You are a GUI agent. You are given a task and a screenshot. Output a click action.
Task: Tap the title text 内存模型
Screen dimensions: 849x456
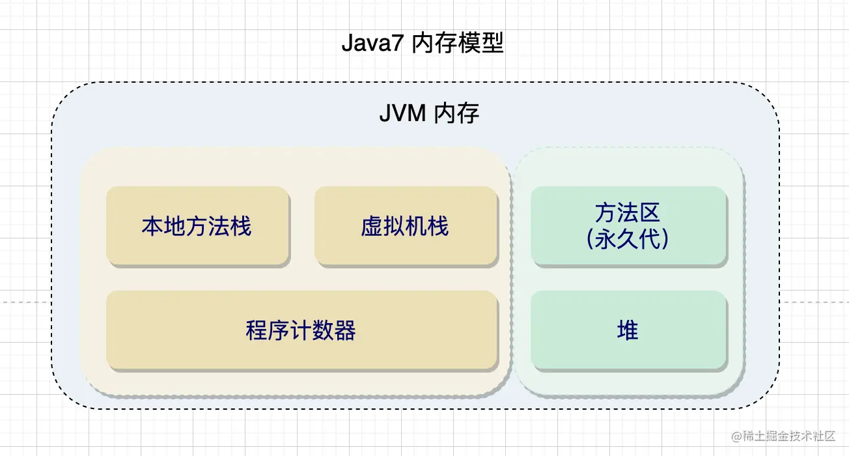(x=458, y=43)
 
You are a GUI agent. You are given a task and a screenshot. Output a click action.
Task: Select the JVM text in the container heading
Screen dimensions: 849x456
(x=402, y=113)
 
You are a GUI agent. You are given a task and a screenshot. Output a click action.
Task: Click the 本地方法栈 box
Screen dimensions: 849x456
(x=197, y=226)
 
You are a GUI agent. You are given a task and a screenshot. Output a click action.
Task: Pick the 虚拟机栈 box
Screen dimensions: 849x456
(x=406, y=226)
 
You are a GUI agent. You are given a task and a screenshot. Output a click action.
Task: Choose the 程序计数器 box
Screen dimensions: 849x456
(x=301, y=330)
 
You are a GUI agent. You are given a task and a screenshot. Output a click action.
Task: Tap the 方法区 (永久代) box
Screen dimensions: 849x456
(x=628, y=226)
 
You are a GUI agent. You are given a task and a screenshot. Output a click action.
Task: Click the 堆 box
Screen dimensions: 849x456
(x=628, y=330)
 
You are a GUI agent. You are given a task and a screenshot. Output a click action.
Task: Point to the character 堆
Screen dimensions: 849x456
(x=628, y=330)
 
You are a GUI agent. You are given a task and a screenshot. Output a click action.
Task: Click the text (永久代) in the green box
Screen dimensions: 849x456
(x=628, y=239)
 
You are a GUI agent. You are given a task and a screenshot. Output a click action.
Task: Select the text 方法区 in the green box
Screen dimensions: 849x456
(x=628, y=212)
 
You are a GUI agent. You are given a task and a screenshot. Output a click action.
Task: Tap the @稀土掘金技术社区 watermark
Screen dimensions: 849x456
(x=783, y=436)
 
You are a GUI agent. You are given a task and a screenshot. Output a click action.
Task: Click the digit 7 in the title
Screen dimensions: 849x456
(x=397, y=43)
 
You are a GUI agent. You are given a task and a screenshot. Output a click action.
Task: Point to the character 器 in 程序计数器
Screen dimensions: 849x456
(x=345, y=330)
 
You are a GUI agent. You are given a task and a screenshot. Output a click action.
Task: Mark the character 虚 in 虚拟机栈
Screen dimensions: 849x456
(x=372, y=226)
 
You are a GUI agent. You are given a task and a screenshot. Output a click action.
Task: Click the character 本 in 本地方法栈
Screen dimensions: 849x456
(x=153, y=226)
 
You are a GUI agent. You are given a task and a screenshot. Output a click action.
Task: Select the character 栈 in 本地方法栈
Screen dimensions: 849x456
(x=241, y=226)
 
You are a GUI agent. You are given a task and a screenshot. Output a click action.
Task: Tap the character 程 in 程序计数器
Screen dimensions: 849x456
(x=257, y=330)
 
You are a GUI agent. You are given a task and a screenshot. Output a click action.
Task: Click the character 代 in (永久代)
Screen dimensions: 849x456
(x=650, y=239)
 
